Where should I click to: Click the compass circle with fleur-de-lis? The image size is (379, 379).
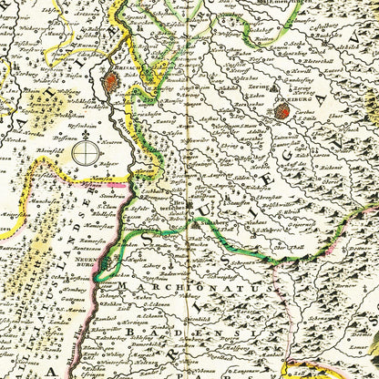tap(87, 149)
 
